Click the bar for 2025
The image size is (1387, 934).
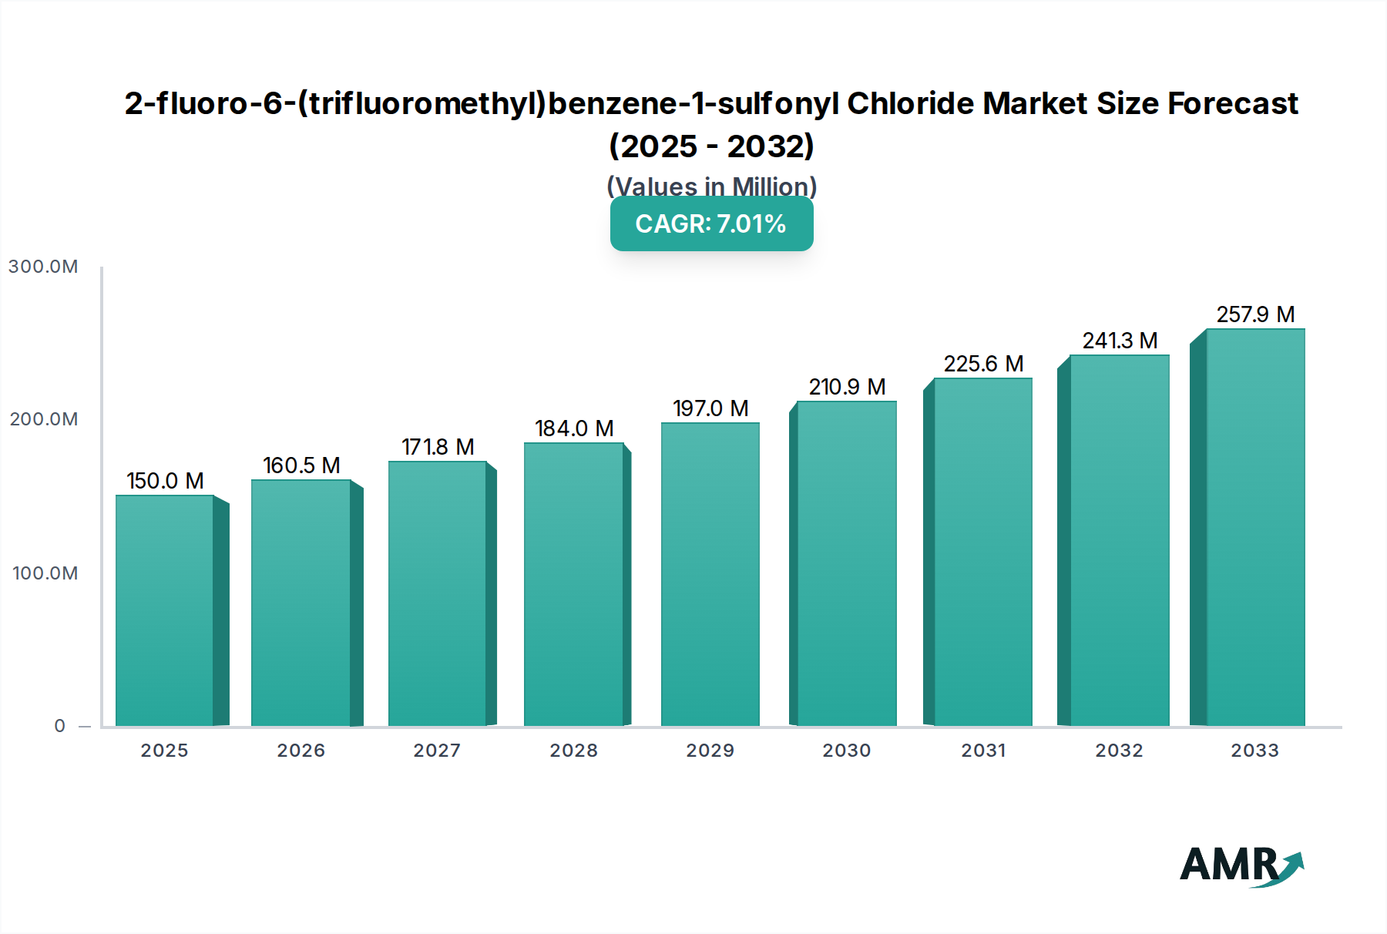click(165, 610)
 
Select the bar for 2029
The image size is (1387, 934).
click(710, 574)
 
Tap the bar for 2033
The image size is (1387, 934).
click(1255, 527)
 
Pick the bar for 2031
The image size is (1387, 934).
click(982, 552)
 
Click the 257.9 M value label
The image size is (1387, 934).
click(1255, 314)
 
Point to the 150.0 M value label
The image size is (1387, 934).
click(165, 481)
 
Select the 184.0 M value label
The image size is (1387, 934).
click(574, 428)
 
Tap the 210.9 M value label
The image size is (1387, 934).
click(847, 387)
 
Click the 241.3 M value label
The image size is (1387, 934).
click(1120, 341)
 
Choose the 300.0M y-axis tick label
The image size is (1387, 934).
click(43, 267)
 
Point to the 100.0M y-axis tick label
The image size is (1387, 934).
click(45, 573)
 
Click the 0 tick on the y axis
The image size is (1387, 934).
click(60, 726)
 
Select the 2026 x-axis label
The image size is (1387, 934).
click(301, 751)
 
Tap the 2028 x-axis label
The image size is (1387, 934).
click(574, 751)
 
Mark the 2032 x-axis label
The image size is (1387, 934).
click(1120, 751)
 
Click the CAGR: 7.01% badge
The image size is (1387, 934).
click(711, 223)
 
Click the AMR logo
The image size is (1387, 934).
click(1241, 865)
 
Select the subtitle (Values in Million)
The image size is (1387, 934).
click(711, 186)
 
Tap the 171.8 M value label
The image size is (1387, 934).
click(438, 447)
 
